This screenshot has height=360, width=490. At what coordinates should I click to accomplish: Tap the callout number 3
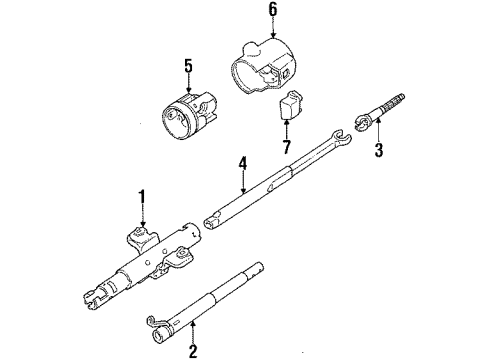(x=377, y=152)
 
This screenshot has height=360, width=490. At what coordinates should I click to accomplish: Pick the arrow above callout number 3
(x=377, y=136)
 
